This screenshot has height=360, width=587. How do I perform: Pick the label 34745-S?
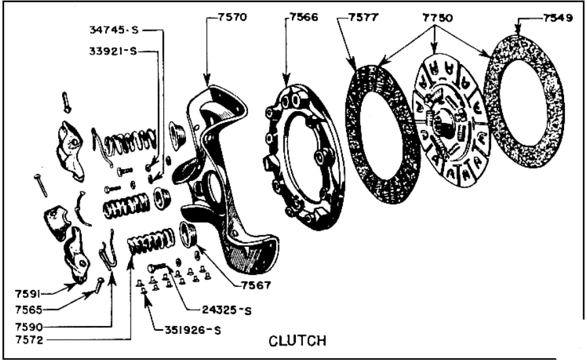click(x=112, y=30)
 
